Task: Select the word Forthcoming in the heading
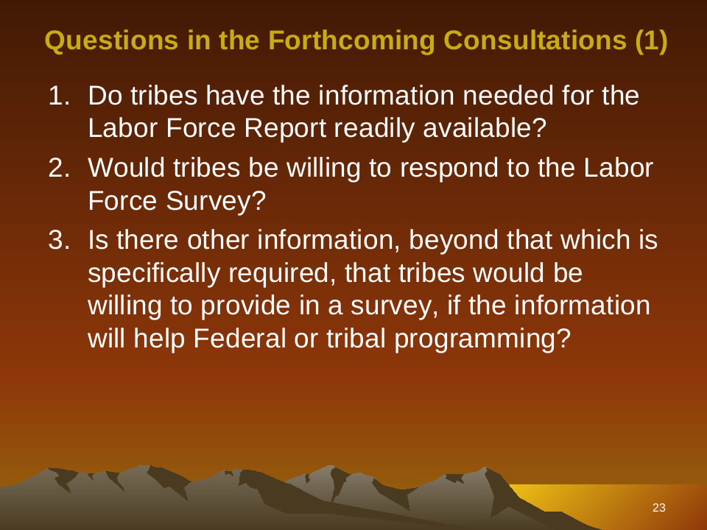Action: (351, 40)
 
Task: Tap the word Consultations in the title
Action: (535, 40)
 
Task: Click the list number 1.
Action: (59, 96)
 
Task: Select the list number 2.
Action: (59, 168)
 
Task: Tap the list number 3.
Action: (59, 239)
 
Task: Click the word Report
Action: (285, 128)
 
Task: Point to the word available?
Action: (485, 127)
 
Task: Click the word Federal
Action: (239, 338)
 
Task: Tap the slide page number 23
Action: (658, 507)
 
